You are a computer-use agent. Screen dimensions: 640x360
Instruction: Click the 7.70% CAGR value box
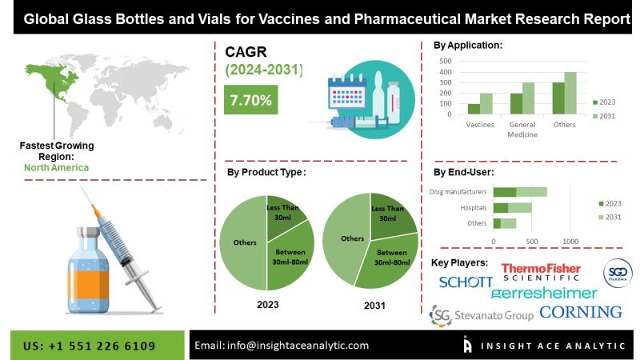pyautogui.click(x=250, y=99)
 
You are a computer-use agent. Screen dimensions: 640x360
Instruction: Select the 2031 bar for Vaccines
pyautogui.click(x=486, y=104)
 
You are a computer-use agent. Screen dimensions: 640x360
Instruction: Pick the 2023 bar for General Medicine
pyautogui.click(x=516, y=104)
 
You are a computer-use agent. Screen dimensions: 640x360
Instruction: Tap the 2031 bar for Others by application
pyautogui.click(x=570, y=93)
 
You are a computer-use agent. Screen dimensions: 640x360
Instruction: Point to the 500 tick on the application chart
pyautogui.click(x=446, y=62)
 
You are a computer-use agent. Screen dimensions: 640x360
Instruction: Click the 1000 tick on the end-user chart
pyautogui.click(x=570, y=242)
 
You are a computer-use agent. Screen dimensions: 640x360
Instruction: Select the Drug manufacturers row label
pyautogui.click(x=458, y=192)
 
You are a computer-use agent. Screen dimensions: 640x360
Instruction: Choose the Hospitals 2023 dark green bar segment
pyautogui.click(x=501, y=208)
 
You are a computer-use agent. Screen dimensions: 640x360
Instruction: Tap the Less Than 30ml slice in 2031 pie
pyautogui.click(x=390, y=215)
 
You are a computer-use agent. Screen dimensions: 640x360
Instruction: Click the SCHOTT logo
pyautogui.click(x=466, y=282)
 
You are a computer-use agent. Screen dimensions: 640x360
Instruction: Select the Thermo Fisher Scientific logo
pyautogui.click(x=541, y=272)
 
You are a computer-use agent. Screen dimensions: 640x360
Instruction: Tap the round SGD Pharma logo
pyautogui.click(x=618, y=273)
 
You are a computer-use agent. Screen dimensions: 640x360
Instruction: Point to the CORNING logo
pyautogui.click(x=581, y=312)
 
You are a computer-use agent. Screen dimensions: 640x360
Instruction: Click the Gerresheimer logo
pyautogui.click(x=544, y=293)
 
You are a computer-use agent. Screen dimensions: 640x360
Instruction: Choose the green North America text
pyautogui.click(x=56, y=168)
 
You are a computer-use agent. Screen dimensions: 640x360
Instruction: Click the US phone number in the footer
pyautogui.click(x=90, y=346)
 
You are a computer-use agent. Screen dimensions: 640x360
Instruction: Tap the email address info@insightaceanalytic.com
pyautogui.click(x=298, y=346)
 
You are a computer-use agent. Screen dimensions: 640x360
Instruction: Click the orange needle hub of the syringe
pyautogui.click(x=97, y=211)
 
